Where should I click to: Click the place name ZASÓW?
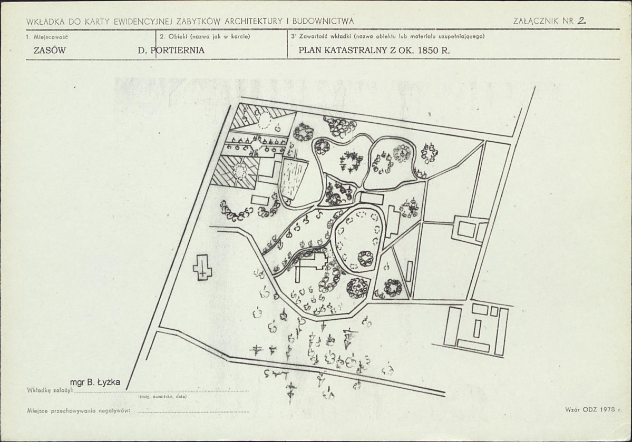tap(50, 51)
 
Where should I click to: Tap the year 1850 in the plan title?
tap(428, 51)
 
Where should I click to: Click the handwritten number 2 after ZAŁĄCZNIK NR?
tap(581, 21)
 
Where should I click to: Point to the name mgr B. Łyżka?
tap(95, 382)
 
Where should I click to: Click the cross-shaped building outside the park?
tap(202, 267)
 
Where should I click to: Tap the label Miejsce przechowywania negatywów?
tap(79, 411)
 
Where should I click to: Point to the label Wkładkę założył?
tap(50, 390)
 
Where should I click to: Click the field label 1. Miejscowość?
tap(47, 37)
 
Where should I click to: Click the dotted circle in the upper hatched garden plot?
tap(265, 119)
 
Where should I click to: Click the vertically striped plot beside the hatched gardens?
tap(294, 180)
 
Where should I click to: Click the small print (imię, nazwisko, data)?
tap(162, 397)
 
